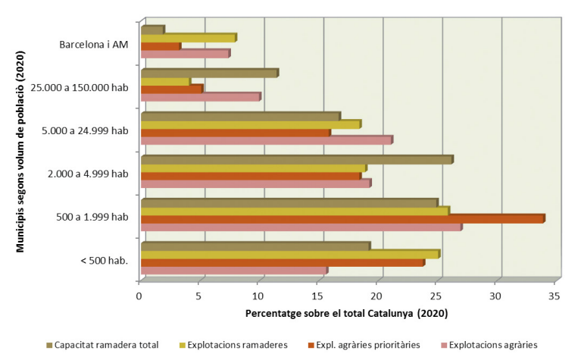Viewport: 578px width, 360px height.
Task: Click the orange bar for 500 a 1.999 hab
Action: (x=342, y=219)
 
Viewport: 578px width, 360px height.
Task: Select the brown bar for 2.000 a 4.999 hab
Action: (x=297, y=160)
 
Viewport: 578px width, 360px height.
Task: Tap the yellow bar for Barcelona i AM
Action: (x=189, y=38)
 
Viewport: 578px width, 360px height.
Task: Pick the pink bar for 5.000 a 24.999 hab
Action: (x=267, y=140)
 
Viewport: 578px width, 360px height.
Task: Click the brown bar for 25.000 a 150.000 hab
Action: (x=209, y=73)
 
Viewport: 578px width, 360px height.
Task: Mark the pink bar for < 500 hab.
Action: (x=234, y=271)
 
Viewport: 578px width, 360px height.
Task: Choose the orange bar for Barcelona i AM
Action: (x=161, y=47)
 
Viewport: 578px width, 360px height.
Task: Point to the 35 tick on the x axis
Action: (x=555, y=296)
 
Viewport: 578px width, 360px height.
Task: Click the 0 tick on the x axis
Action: (x=139, y=296)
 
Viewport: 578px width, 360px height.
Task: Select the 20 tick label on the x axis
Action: (x=377, y=296)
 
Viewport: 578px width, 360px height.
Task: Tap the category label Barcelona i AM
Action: (x=94, y=43)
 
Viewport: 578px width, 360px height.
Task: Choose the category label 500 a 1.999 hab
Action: (x=93, y=218)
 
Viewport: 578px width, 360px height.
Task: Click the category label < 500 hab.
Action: (x=103, y=261)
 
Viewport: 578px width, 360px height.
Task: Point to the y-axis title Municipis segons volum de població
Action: (x=22, y=145)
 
